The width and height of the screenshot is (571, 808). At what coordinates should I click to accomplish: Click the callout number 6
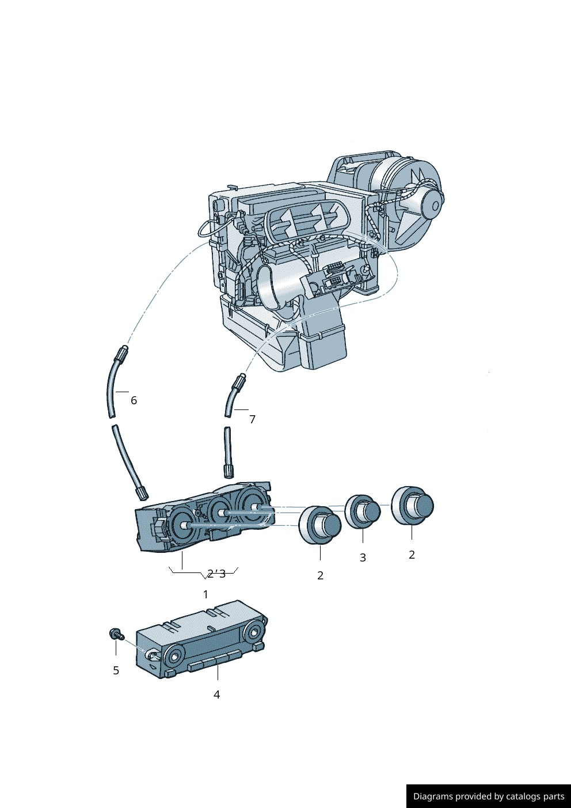click(134, 400)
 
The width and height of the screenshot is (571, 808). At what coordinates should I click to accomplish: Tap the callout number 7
click(252, 419)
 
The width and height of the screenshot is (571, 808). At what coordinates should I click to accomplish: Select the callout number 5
click(116, 670)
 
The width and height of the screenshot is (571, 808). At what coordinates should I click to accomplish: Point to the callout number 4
click(216, 695)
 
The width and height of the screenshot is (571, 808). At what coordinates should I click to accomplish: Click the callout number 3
click(363, 557)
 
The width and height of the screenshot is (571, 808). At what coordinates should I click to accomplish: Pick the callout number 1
click(205, 594)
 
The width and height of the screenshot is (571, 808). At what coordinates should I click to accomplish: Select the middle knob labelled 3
click(363, 511)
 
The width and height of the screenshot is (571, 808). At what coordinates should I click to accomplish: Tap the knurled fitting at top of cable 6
click(122, 352)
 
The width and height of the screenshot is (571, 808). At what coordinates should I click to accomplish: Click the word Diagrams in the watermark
click(432, 796)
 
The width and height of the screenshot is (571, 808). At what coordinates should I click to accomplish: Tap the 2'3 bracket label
click(216, 574)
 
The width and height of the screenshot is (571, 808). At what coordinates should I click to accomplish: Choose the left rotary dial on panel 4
click(173, 655)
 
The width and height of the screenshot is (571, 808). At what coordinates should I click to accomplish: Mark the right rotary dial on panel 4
click(253, 633)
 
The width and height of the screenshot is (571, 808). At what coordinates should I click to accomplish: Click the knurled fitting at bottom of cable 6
click(142, 493)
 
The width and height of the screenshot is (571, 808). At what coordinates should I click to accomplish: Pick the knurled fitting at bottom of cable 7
click(229, 471)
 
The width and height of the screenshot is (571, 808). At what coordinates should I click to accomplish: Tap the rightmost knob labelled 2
click(413, 506)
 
